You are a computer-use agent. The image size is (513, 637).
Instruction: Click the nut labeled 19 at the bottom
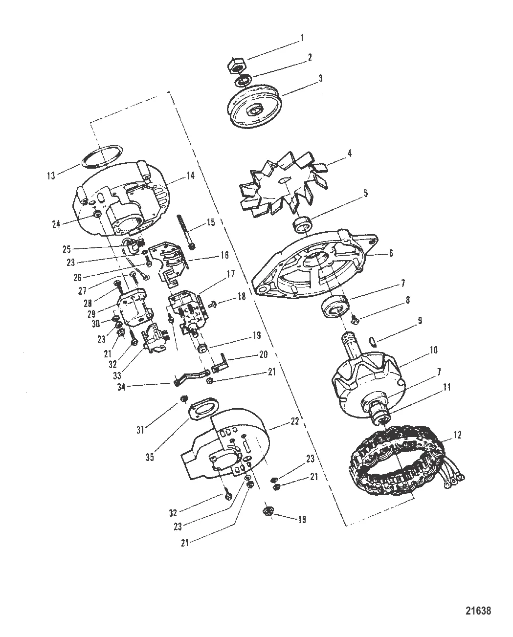click(268, 511)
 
